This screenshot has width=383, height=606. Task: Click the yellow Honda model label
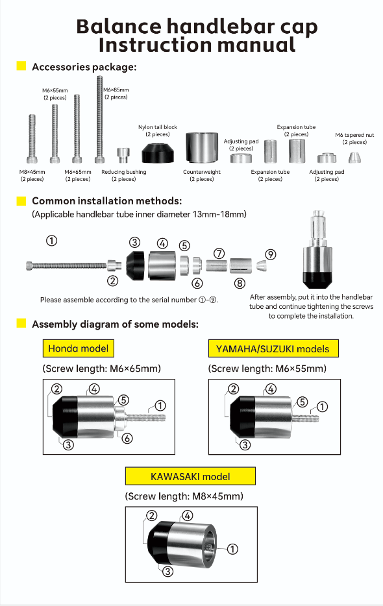[x=78, y=348]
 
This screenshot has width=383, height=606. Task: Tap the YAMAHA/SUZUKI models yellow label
[x=273, y=348]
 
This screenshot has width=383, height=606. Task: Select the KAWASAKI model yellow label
[x=190, y=476]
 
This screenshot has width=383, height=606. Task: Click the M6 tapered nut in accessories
[x=354, y=158]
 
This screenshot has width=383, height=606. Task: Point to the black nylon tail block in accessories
[x=158, y=153]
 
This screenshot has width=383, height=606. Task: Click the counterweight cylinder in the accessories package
[x=201, y=148]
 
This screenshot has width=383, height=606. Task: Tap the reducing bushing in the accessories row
[x=123, y=156]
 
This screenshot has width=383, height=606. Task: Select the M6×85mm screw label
[x=116, y=93]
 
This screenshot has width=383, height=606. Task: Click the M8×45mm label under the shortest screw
[x=32, y=175]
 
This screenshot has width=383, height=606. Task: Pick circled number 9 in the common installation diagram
[x=271, y=255]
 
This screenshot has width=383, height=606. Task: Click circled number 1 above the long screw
[x=51, y=241]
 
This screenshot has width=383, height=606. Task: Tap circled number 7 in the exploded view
[x=219, y=254]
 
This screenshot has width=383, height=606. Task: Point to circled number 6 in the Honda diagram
[x=127, y=438]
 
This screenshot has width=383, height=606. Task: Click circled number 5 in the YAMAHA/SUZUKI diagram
[x=302, y=402]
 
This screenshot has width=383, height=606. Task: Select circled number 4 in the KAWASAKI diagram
[x=187, y=516]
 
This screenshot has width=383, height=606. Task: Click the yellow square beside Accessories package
[x=21, y=66]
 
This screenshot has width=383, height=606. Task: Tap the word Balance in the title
[x=118, y=27]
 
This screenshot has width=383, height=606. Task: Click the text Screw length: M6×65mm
[x=101, y=369]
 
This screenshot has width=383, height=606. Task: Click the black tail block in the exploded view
[x=136, y=265]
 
